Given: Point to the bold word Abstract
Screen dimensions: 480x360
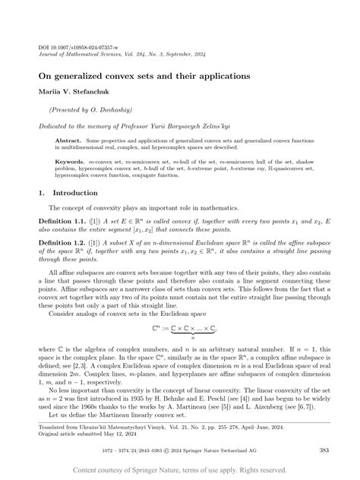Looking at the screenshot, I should coord(69,140).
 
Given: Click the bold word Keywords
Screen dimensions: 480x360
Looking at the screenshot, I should coord(71,162).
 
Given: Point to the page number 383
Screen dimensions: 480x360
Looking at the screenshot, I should coord(324,450).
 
